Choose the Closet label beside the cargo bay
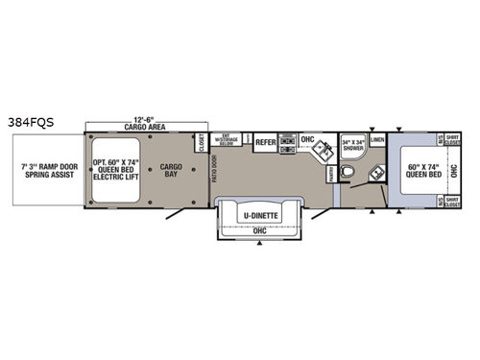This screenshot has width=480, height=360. pyautogui.click(x=202, y=143)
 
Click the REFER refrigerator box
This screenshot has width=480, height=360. pyautogui.click(x=265, y=142)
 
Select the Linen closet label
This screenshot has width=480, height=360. pyautogui.click(x=378, y=141)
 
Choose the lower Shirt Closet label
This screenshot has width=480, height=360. pyautogui.click(x=453, y=203)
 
